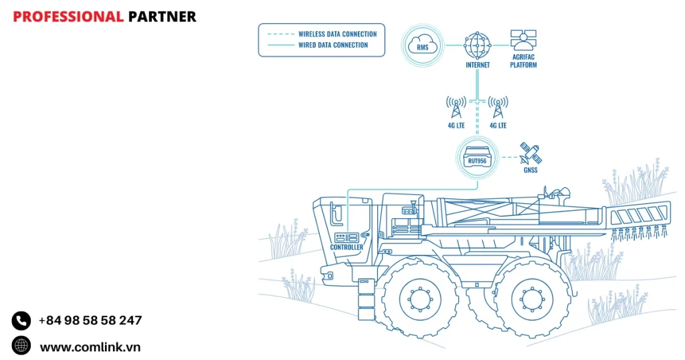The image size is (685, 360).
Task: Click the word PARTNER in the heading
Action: (163, 17)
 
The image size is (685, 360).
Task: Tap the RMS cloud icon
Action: (423, 46)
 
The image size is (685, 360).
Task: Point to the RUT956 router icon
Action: (477, 158)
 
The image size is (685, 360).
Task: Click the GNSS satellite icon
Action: (531, 154)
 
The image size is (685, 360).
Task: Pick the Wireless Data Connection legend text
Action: (337, 34)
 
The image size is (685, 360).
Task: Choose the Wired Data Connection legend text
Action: (333, 46)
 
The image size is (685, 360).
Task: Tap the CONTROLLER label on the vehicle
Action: (347, 248)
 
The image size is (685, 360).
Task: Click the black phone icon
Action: (21, 321)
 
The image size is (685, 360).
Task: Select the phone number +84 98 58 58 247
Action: (90, 321)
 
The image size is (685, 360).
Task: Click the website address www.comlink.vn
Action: (90, 347)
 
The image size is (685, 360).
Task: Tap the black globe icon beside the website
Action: (21, 345)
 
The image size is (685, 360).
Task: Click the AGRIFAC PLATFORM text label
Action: (524, 61)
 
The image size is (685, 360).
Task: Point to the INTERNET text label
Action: (478, 65)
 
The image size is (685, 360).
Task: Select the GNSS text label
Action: (531, 170)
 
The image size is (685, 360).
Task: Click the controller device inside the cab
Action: (347, 236)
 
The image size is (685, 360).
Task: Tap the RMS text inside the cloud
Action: (423, 48)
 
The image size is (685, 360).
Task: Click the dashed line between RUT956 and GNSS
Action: (509, 158)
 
